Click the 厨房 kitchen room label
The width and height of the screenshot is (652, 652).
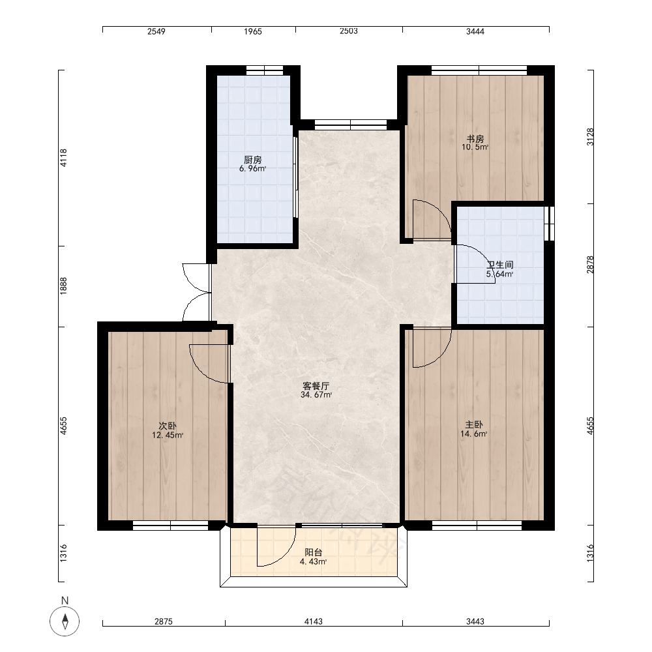coord(252,160)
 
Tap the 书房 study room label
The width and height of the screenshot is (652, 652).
coord(475,139)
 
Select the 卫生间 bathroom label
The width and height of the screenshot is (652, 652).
coord(500,265)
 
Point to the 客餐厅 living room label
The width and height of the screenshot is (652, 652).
coord(316,386)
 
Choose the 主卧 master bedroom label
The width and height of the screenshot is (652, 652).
coord(473,425)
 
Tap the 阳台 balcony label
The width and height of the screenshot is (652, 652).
coord(314,553)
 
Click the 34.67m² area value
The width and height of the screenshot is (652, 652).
coord(316,395)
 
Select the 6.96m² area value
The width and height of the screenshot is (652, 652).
coord(252,168)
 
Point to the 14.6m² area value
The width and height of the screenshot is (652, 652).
coord(473,434)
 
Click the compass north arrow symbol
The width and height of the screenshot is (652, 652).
coord(65,622)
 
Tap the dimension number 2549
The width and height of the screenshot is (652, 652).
coord(156,31)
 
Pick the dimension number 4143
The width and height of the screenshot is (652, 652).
coord(313,621)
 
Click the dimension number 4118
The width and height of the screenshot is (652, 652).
coord(64,158)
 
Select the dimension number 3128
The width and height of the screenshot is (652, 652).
coord(591,137)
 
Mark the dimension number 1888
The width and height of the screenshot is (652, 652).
coord(64,286)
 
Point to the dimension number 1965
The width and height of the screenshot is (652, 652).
coord(253,31)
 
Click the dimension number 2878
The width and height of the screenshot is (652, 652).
coord(591,265)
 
